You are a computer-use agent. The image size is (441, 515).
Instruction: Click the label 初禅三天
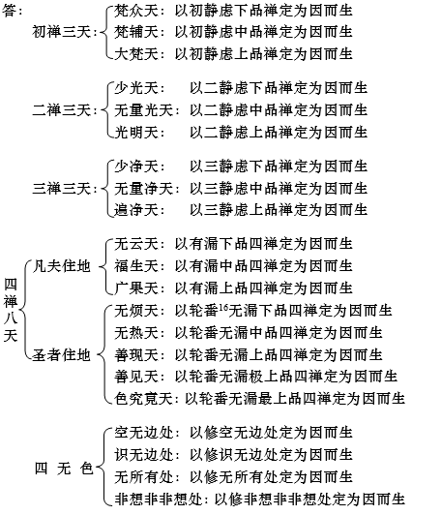[61, 32]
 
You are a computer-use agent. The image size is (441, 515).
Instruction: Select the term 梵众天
[136, 11]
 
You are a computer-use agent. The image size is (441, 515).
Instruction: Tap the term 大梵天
[136, 54]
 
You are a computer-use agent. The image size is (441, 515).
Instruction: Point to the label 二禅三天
[61, 110]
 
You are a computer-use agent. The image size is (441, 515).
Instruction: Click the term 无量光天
[144, 110]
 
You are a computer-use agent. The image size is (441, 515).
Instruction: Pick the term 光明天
[136, 132]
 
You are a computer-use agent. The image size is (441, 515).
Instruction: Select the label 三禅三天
[61, 189]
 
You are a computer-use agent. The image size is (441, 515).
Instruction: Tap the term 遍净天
[136, 210]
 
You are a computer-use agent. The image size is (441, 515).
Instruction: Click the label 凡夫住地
[61, 266]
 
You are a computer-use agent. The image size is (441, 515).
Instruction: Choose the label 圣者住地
[61, 355]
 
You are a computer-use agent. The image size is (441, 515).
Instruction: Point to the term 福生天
[136, 266]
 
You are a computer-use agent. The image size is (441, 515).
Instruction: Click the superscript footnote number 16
[223, 307]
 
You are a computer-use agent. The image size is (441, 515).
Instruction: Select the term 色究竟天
[144, 399]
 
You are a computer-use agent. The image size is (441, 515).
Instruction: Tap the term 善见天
[136, 377]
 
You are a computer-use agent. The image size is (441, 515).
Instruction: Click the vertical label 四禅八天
[11, 310]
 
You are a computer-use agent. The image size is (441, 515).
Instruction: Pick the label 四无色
[64, 469]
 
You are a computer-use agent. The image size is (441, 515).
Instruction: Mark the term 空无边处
[144, 433]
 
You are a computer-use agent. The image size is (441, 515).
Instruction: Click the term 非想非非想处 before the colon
[159, 500]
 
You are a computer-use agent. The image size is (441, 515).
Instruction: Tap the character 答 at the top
[9, 11]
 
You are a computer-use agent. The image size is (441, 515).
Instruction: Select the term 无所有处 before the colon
[144, 477]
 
